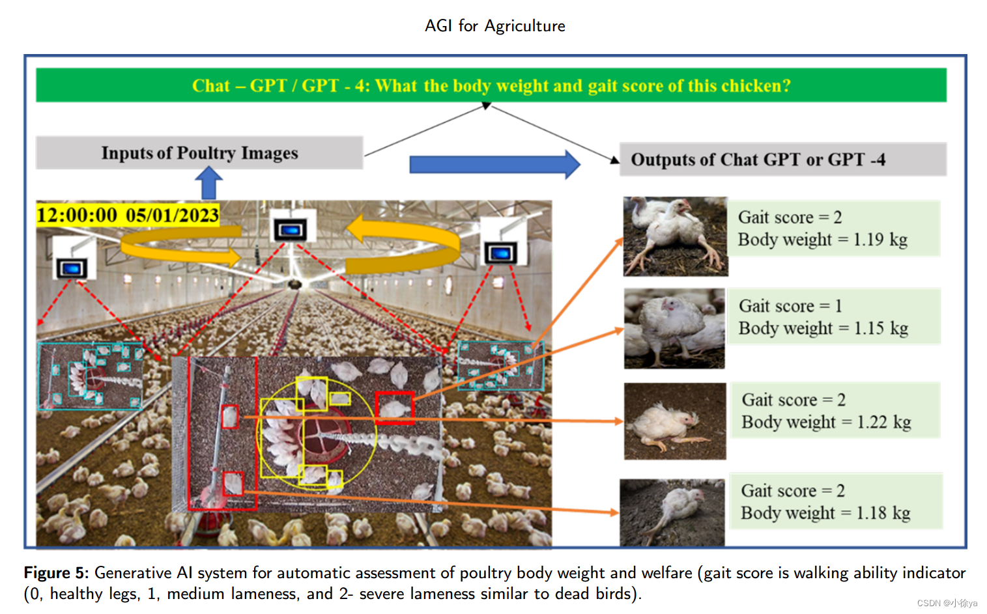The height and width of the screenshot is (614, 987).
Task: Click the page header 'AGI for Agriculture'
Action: (494, 26)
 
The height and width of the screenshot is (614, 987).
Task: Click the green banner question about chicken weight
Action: (491, 85)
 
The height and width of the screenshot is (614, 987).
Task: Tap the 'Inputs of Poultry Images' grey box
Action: (199, 153)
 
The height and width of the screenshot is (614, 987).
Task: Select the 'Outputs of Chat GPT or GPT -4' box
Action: (782, 160)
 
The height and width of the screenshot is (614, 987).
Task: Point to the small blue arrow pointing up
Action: (208, 183)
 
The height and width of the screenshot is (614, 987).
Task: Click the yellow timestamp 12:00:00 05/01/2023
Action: (128, 215)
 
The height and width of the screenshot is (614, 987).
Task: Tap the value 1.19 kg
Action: (880, 240)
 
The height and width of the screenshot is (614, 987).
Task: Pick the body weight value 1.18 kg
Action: (883, 513)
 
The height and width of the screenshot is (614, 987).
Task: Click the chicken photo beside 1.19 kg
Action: (675, 236)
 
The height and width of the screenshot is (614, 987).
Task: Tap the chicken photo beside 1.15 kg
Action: (674, 329)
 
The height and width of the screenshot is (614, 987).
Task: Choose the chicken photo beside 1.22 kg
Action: (675, 421)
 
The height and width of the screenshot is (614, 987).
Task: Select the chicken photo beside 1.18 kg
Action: (672, 512)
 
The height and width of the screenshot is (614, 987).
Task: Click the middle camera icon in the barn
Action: (290, 229)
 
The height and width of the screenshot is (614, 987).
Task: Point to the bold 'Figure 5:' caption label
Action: (55, 573)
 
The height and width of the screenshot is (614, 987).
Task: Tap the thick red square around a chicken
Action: (394, 408)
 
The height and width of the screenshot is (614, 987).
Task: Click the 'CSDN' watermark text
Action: (928, 604)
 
